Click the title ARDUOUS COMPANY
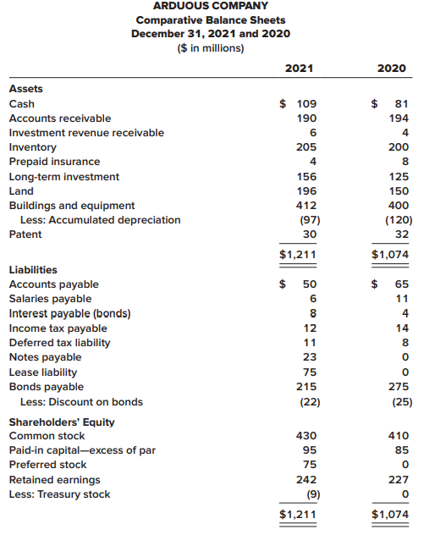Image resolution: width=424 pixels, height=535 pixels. tap(211, 6)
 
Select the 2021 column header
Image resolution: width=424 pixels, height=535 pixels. tap(299, 69)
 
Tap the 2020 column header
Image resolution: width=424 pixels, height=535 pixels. tap(392, 69)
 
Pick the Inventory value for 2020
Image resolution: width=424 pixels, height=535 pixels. tap(399, 147)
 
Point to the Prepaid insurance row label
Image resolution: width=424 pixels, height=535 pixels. tap(54, 162)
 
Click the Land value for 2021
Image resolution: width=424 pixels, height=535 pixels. tap(306, 191)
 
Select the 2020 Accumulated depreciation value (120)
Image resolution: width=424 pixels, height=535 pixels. tap(399, 220)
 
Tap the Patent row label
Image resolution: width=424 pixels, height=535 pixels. tap(25, 234)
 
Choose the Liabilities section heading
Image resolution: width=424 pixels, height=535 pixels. tap(33, 270)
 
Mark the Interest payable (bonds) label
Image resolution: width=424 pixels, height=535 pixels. tap(70, 313)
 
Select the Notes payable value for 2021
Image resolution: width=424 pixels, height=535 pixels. tap(310, 357)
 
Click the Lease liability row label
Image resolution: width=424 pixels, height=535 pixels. tap(43, 372)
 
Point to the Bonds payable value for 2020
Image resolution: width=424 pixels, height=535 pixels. tap(399, 387)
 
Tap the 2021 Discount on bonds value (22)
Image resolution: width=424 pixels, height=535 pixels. tap(310, 402)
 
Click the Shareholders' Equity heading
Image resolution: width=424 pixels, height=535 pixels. tap(62, 422)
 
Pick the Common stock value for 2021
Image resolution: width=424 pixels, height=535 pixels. tap(306, 436)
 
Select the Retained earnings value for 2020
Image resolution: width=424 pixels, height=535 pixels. tap(399, 480)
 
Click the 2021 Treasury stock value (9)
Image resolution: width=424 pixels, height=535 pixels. tap(313, 494)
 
